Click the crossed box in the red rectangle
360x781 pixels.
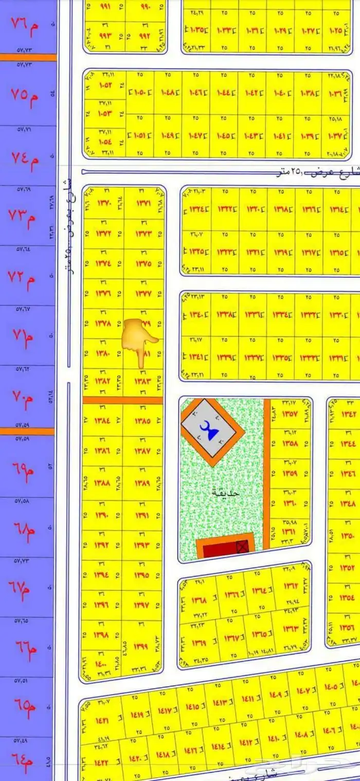[242, 546]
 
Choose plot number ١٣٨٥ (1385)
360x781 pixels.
[142, 421]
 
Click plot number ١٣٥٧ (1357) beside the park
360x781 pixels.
[291, 414]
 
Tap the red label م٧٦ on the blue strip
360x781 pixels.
[25, 24]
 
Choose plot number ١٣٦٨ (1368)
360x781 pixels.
[199, 600]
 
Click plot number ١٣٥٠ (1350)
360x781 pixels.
[348, 536]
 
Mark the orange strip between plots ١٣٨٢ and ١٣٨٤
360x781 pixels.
[123, 400]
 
